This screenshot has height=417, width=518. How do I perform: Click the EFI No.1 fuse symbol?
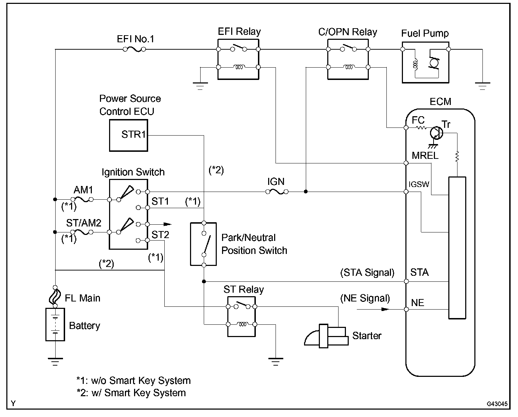(x=134, y=50)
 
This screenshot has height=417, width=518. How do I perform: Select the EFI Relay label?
(x=239, y=32)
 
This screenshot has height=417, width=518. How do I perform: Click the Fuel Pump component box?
(x=425, y=63)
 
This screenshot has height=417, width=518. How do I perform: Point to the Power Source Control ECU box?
(x=128, y=135)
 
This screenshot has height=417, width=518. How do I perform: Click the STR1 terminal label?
(x=133, y=135)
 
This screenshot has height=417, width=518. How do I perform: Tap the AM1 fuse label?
(x=83, y=190)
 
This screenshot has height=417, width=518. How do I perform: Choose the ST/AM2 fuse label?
(x=84, y=223)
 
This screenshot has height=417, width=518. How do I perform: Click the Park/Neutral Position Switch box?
(x=203, y=244)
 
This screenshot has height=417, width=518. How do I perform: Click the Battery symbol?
(x=55, y=325)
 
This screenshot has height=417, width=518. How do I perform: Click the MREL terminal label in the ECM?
(x=425, y=155)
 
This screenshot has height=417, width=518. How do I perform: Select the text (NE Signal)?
(x=365, y=299)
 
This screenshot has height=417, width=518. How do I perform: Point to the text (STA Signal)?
(x=367, y=273)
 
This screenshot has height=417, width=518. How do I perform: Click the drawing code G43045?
(x=498, y=404)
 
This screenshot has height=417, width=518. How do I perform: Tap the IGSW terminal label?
(x=419, y=184)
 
